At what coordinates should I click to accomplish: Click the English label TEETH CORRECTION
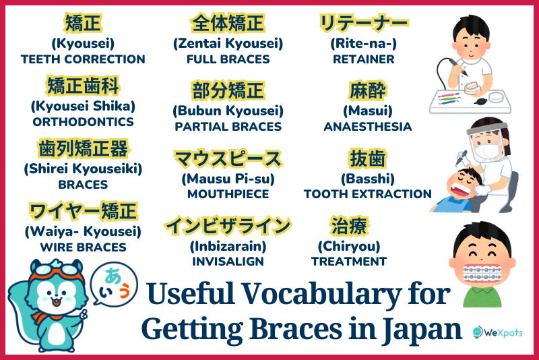[83, 59]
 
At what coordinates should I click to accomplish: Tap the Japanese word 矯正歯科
[83, 87]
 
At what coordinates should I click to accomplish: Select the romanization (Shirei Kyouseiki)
[83, 168]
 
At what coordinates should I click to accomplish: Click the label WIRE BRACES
[83, 247]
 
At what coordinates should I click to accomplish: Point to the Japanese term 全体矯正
[228, 24]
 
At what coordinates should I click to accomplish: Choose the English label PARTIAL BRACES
[228, 126]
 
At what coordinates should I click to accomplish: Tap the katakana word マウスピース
[228, 160]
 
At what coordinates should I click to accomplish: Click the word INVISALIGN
[228, 261]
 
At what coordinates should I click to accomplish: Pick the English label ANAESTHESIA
[367, 126]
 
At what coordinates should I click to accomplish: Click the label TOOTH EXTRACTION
[367, 193]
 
